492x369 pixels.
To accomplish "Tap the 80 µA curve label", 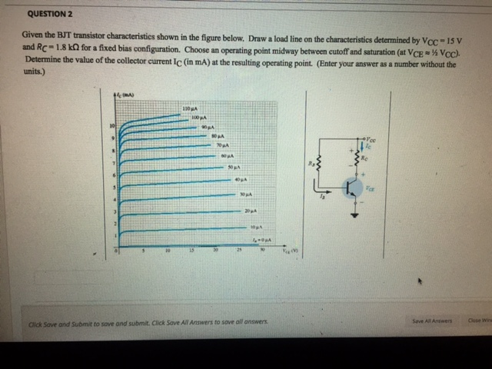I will pyautogui.click(x=218, y=135).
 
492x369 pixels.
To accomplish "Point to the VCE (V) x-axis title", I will pyautogui.click(x=289, y=251).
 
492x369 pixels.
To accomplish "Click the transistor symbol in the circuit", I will pyautogui.click(x=352, y=187).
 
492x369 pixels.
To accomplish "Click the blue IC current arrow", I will pyautogui.click(x=361, y=146).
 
